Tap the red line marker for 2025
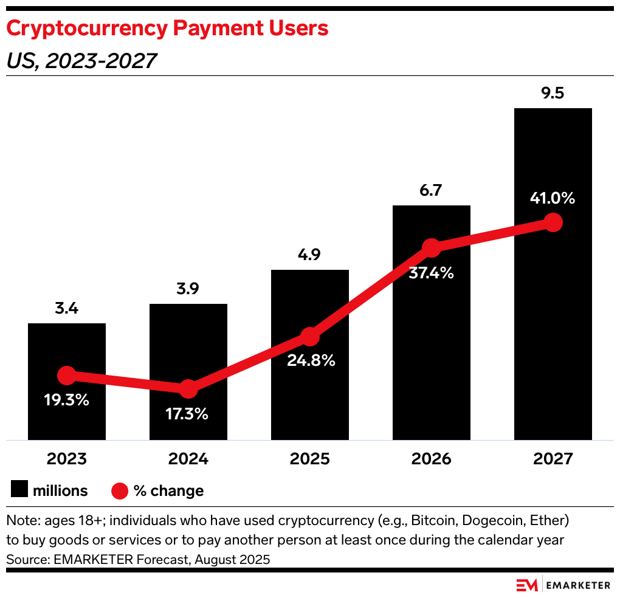310,336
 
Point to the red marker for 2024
188,389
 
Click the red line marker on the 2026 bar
431,247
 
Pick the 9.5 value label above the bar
553,94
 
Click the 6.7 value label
431,191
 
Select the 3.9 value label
188,289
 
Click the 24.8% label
310,360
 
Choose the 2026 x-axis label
431,458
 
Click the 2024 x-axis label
188,458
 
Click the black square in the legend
19,490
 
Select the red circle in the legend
120,490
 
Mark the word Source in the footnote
25,558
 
